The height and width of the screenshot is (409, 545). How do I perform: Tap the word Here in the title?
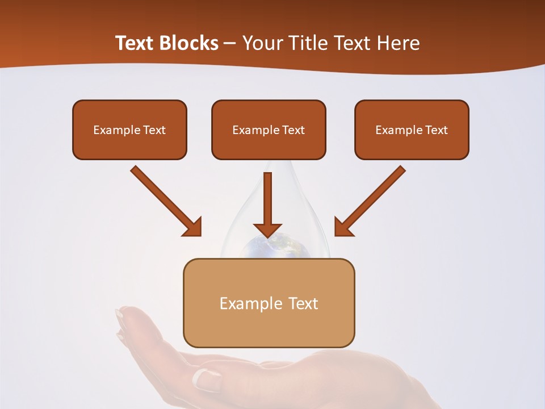[x=400, y=43]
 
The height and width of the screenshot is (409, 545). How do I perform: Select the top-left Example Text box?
[x=129, y=130]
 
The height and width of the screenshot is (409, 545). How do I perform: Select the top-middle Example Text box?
[x=269, y=130]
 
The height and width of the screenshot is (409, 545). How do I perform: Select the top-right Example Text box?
[x=412, y=130]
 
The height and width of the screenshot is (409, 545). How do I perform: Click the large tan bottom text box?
[x=269, y=303]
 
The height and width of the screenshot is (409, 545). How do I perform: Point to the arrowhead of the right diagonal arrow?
[x=342, y=228]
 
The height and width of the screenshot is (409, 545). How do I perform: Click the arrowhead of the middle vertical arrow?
[x=268, y=230]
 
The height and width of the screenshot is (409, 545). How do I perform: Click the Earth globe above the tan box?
[x=269, y=248]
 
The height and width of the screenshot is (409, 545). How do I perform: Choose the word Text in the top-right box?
[x=437, y=130]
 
